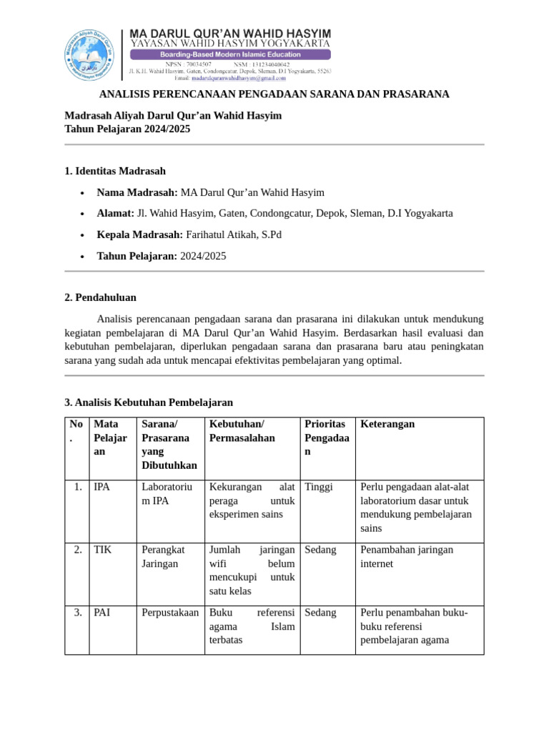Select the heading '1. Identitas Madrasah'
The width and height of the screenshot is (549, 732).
click(x=115, y=171)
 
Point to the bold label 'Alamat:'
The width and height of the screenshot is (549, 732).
click(x=115, y=213)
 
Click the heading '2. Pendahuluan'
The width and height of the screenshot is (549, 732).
click(x=100, y=297)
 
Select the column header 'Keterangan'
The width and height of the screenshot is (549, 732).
click(x=387, y=424)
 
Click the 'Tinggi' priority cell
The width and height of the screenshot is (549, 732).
click(x=319, y=487)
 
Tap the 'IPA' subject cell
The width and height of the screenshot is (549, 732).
click(x=102, y=487)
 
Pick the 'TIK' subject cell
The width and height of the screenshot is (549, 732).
click(x=102, y=550)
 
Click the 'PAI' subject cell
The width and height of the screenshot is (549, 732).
click(x=102, y=613)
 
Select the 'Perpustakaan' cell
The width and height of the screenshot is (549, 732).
click(x=170, y=613)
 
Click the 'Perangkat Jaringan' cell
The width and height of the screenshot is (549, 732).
click(x=164, y=556)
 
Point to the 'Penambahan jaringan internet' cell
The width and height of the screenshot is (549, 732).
click(x=407, y=556)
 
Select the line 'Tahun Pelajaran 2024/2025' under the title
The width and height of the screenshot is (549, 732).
click(x=128, y=129)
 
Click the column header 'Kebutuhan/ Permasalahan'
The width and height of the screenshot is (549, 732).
click(x=242, y=431)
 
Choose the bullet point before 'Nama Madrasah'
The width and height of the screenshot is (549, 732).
click(x=83, y=193)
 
